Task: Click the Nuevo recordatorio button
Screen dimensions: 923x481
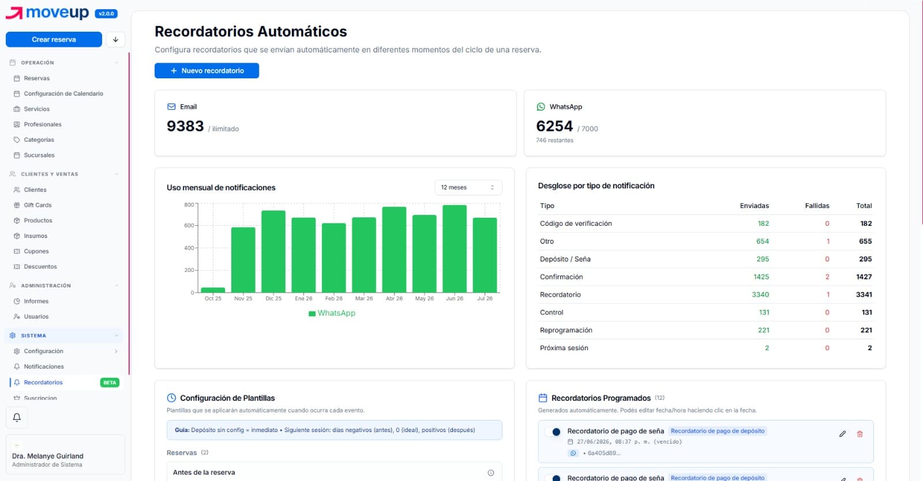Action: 207,71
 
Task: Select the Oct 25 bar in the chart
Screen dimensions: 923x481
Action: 213,290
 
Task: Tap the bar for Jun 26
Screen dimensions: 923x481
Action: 455,248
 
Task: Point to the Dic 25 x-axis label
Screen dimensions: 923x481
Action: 273,298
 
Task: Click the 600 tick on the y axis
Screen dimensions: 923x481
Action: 189,225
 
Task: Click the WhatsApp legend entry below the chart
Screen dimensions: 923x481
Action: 332,313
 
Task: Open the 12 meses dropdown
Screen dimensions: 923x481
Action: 468,187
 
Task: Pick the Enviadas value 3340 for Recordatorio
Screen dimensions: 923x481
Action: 760,294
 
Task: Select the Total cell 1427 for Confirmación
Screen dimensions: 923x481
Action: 864,277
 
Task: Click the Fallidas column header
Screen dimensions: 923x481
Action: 817,206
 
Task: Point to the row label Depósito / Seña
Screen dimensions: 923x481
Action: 565,259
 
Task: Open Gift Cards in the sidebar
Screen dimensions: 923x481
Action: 37,205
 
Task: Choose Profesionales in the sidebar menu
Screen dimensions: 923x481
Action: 43,124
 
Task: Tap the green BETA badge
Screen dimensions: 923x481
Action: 110,382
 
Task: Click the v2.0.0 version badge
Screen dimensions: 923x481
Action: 106,14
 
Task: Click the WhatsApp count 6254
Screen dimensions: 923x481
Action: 554,126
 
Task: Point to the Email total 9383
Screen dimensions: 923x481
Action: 185,126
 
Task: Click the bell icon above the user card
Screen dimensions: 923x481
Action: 17,417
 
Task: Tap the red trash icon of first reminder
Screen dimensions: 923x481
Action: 860,434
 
